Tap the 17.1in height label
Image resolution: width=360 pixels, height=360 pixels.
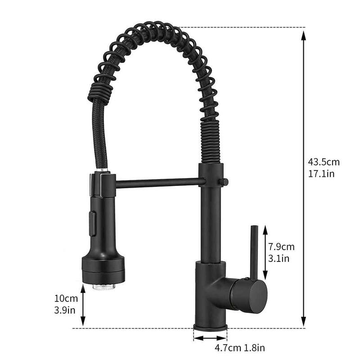click(x=321, y=174)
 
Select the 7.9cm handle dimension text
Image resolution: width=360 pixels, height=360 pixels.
click(x=281, y=247)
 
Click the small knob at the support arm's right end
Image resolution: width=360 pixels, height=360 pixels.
click(x=222, y=181)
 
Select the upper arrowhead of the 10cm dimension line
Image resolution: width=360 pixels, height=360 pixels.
click(x=83, y=288)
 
